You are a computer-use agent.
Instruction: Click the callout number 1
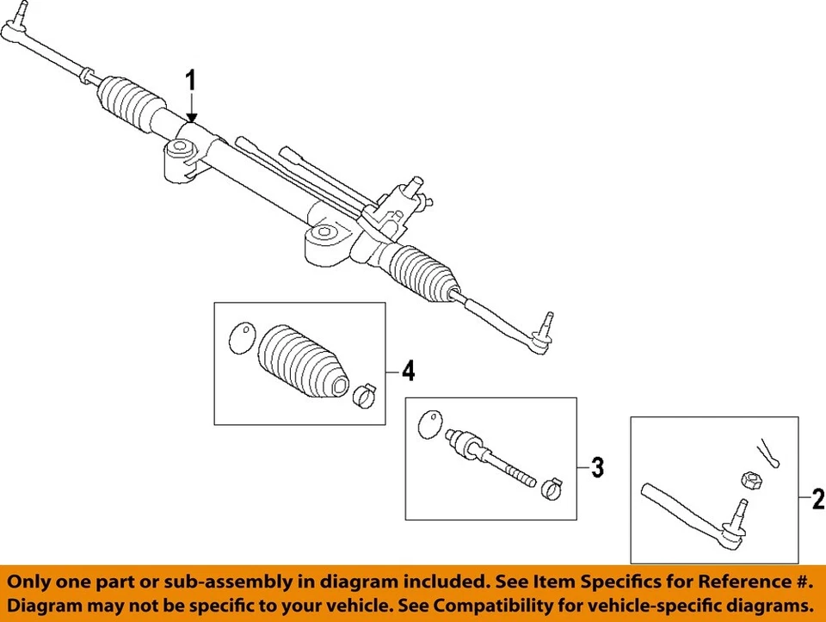191,83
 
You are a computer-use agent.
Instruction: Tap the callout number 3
597,468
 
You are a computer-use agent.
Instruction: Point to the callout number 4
408,371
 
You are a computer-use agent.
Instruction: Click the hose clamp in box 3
552,489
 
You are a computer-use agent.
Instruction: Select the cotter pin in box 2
768,453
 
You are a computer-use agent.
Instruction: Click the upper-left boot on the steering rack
133,104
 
